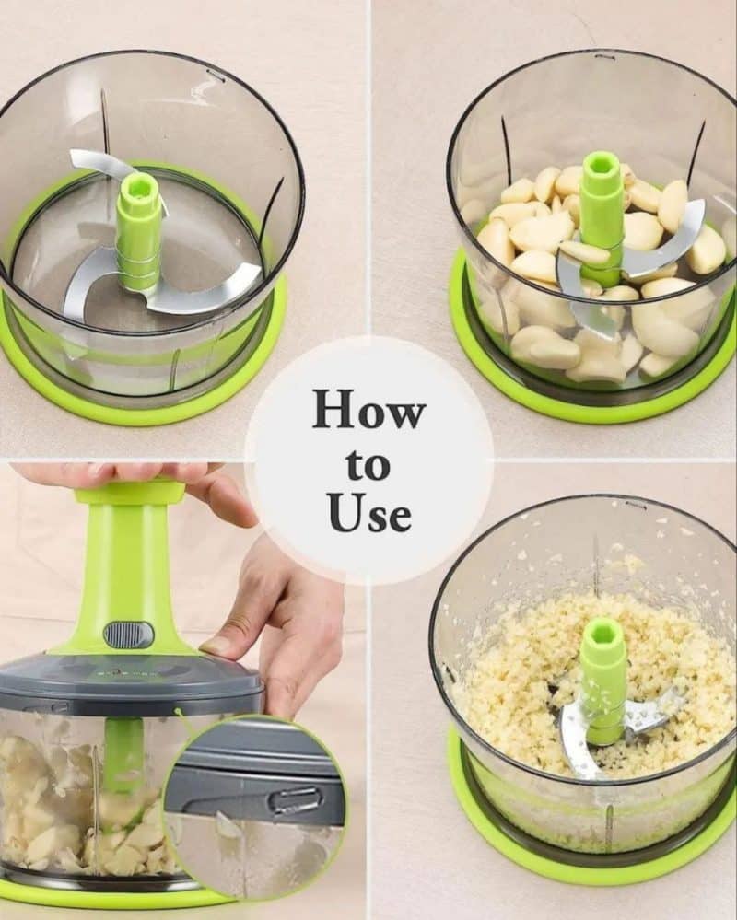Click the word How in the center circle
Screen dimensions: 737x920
368,408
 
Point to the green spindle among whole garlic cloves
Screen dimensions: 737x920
601,217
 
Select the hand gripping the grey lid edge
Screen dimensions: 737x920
264,622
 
